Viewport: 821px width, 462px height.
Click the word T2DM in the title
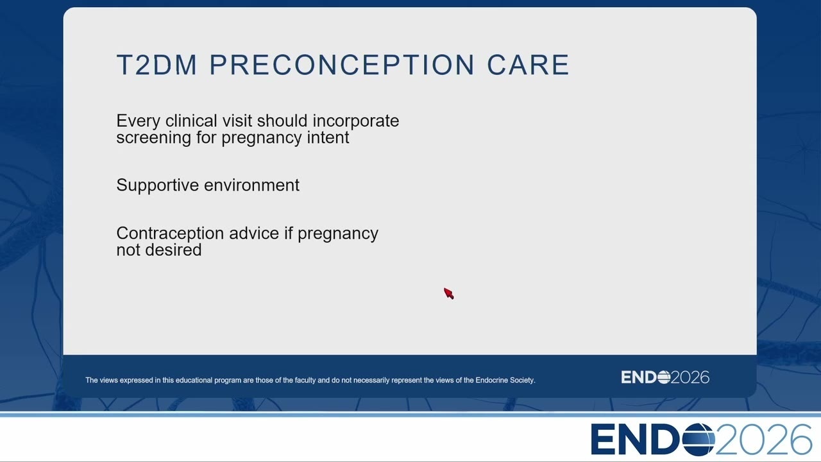(x=157, y=65)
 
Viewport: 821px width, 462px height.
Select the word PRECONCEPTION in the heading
(x=342, y=65)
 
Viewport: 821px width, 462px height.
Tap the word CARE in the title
(x=528, y=65)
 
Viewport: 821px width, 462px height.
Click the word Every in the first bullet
(x=138, y=121)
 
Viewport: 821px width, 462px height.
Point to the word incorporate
(x=355, y=121)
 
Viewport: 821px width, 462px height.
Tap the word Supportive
(x=158, y=185)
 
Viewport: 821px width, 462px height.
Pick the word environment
(x=252, y=185)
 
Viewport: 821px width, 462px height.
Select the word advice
(x=254, y=233)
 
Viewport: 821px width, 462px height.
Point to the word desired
(x=173, y=250)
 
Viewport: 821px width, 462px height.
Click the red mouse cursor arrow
(x=448, y=293)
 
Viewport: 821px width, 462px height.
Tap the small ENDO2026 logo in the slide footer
(x=665, y=377)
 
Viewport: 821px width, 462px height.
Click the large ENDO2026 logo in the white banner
(x=702, y=440)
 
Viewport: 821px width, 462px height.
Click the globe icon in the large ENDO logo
(x=698, y=440)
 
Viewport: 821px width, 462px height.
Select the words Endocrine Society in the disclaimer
(x=504, y=381)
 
